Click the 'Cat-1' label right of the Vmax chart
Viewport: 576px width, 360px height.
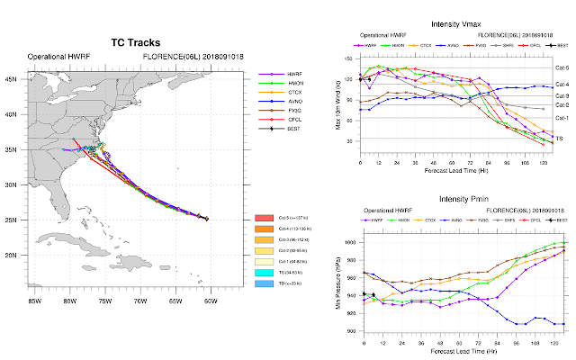click(x=561, y=118)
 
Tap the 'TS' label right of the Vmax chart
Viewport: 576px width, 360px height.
click(x=558, y=138)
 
